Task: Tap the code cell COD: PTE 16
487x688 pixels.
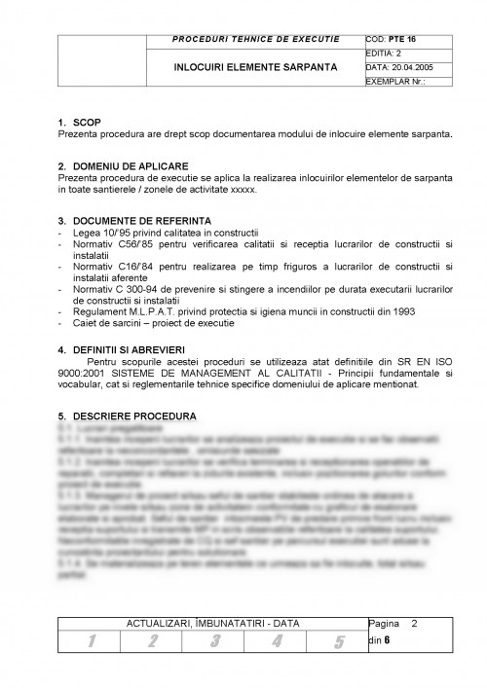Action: (x=394, y=38)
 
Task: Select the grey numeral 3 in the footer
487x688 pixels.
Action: (x=214, y=640)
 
